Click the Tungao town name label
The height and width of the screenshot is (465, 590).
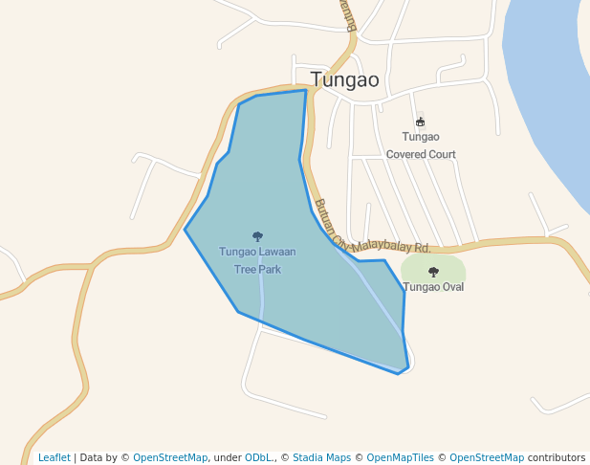[344, 79]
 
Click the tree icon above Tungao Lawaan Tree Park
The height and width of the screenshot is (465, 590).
[257, 236]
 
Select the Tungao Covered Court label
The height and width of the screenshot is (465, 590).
[421, 145]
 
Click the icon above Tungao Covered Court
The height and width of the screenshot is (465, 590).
[421, 122]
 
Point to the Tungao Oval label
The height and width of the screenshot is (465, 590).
[433, 287]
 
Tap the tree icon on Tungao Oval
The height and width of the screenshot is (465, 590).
[433, 272]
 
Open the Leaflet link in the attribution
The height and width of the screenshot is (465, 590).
[55, 457]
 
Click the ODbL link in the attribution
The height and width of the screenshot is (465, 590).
[257, 457]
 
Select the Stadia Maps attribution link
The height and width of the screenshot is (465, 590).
[321, 457]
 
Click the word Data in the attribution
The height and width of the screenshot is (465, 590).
[91, 457]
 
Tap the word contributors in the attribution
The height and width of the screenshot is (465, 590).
[557, 457]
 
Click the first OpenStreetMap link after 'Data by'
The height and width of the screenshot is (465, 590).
[170, 457]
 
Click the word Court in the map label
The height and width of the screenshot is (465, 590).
[441, 154]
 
